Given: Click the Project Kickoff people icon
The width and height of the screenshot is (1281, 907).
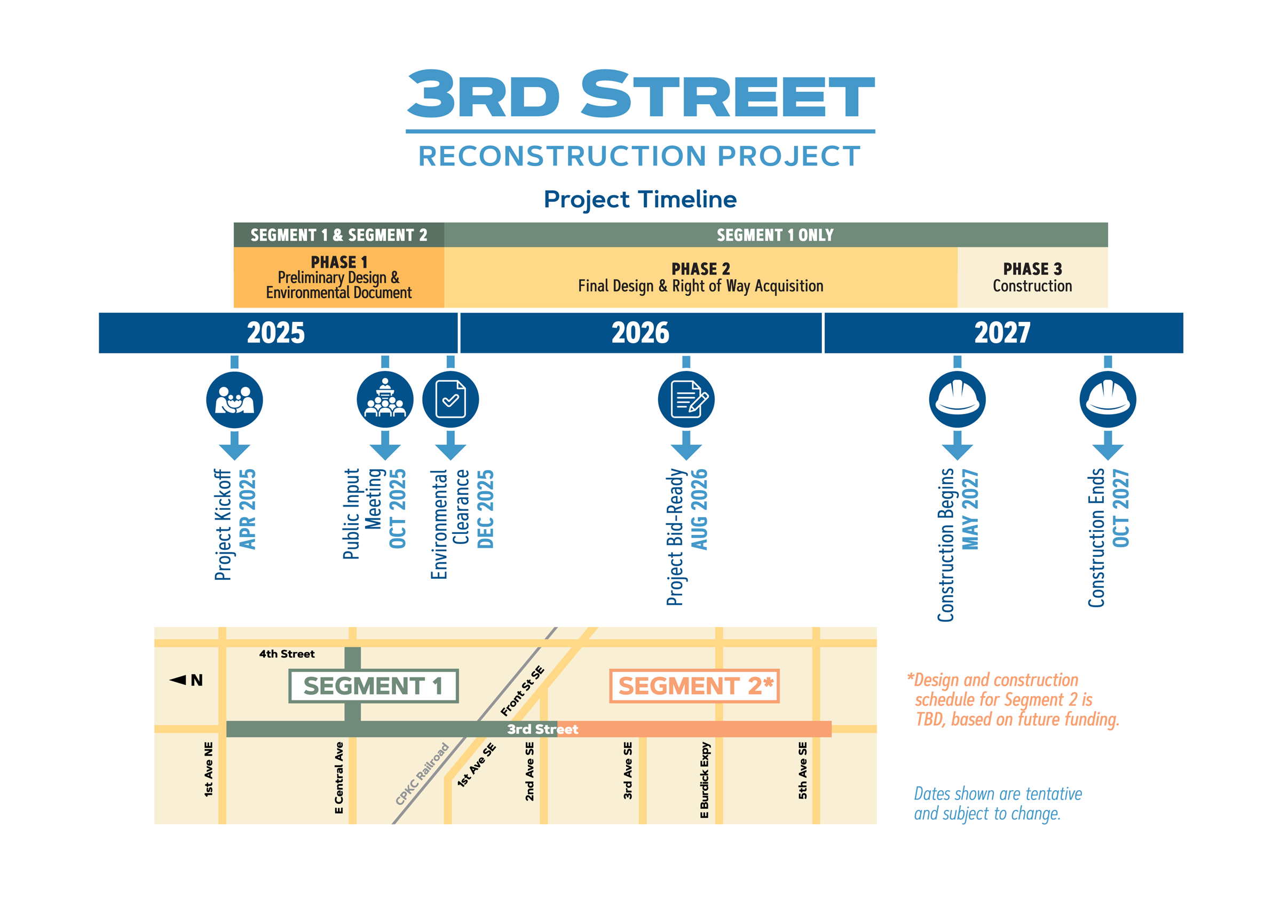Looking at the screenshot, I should [234, 400].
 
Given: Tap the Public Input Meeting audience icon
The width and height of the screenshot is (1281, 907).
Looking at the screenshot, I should [385, 400].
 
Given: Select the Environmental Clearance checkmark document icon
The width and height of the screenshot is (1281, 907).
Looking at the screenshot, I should [450, 400].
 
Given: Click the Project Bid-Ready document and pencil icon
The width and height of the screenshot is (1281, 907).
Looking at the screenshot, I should [686, 400].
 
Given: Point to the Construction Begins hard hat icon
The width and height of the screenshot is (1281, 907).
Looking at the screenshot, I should [957, 400].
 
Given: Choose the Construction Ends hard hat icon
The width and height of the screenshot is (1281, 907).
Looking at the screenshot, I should [1108, 400].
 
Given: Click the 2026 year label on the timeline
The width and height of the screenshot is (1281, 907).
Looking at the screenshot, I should [640, 333].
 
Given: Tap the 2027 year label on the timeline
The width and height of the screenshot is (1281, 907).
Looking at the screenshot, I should [1002, 333].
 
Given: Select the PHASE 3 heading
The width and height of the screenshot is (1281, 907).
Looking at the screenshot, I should [1032, 269].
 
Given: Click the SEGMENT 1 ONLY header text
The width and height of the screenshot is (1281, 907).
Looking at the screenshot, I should [775, 235].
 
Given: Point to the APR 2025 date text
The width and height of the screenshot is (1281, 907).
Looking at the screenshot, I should [247, 509].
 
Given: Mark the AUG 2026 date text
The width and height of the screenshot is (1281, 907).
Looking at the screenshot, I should [699, 509].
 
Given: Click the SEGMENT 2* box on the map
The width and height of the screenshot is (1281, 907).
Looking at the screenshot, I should [694, 686].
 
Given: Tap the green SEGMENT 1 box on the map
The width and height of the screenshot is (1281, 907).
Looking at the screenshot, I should [373, 686].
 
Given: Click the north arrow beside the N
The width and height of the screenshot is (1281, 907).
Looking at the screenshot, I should [178, 680].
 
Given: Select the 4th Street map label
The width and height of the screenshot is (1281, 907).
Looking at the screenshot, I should [287, 654].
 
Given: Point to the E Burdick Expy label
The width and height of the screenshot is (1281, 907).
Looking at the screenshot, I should [704, 779].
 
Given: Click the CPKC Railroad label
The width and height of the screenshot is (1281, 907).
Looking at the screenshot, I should [422, 774].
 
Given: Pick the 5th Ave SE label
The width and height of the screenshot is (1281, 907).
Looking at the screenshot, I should [802, 770].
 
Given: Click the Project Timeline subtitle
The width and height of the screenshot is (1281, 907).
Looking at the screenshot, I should [640, 199].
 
